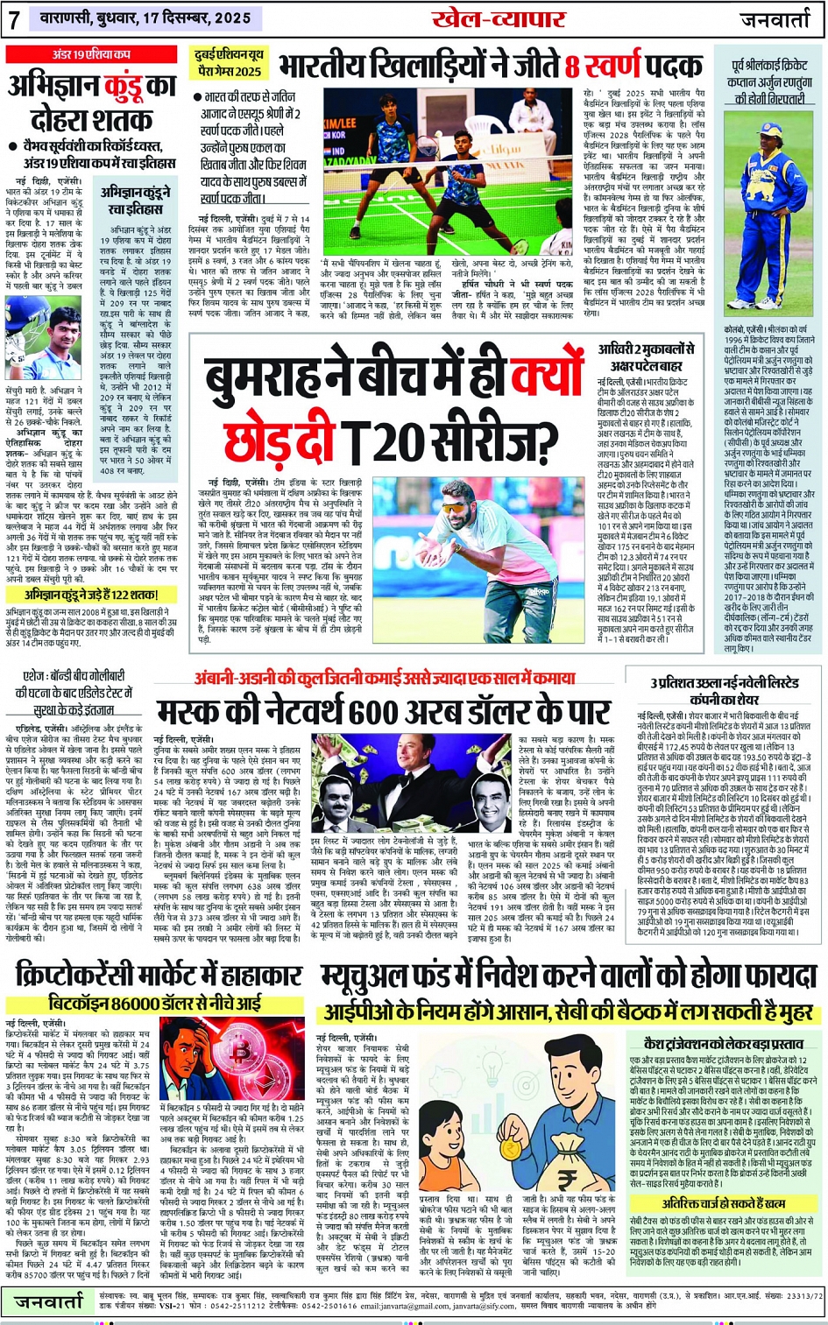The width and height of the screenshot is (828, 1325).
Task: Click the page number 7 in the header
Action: (x=14, y=19)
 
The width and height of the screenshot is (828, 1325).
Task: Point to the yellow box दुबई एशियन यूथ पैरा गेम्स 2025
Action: (x=228, y=63)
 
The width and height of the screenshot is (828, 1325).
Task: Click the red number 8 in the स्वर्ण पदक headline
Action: (x=575, y=66)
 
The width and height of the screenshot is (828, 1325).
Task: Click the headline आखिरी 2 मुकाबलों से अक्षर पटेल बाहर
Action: (x=650, y=357)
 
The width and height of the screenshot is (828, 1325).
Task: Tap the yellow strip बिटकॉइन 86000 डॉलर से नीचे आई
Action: (x=157, y=1001)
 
